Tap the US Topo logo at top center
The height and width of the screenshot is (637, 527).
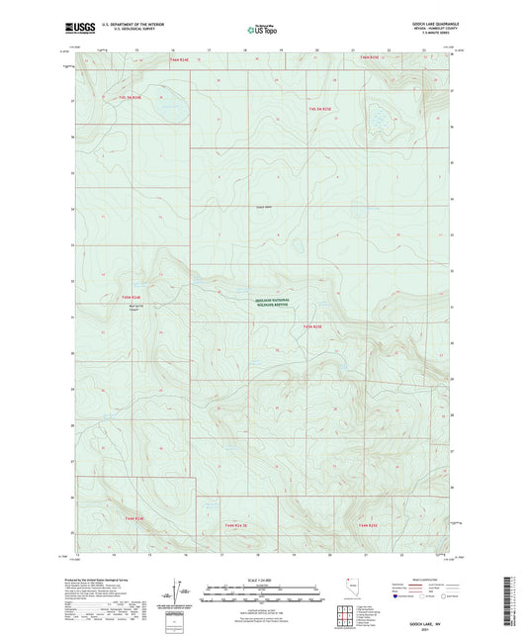[x=262, y=31]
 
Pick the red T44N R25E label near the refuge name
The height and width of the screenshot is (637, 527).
[x=313, y=324]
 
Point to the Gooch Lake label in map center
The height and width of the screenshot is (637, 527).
[x=262, y=207]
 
